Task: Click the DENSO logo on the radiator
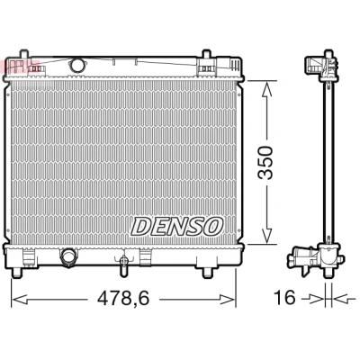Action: pyautogui.click(x=177, y=227)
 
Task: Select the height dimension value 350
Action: pyautogui.click(x=265, y=163)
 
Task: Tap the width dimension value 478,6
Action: pyautogui.click(x=123, y=299)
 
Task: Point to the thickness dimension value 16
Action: pyautogui.click(x=284, y=298)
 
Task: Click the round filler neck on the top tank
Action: pyautogui.click(x=77, y=65)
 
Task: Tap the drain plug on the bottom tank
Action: pyautogui.click(x=123, y=264)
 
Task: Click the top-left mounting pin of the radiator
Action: pyautogui.click(x=24, y=54)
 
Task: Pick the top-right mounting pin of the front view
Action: pyautogui.click(x=206, y=54)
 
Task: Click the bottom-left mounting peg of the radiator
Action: pyautogui.click(x=17, y=272)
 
